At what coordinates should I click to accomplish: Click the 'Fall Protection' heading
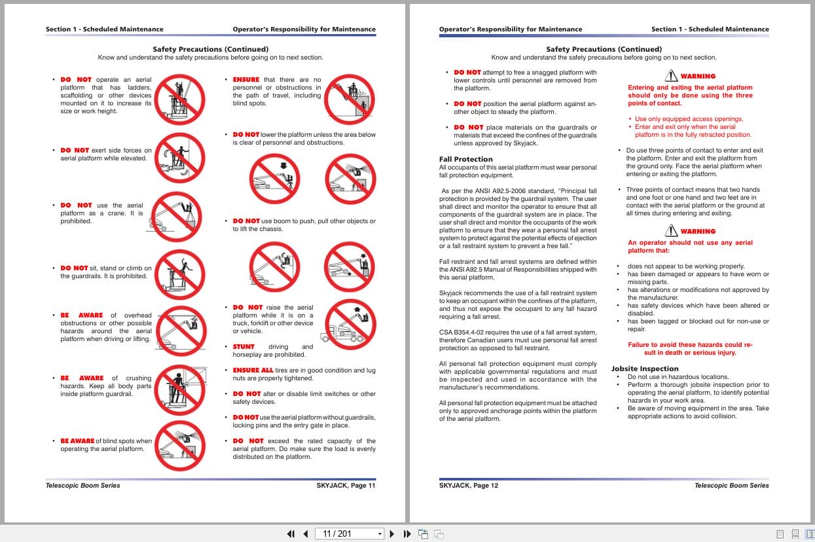(465, 159)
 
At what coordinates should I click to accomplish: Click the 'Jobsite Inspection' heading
(645, 369)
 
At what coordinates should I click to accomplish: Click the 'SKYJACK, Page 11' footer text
(346, 486)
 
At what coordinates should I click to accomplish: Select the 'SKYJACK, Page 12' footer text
(469, 486)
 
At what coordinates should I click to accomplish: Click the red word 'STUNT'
(244, 347)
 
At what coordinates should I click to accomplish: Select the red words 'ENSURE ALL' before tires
(253, 370)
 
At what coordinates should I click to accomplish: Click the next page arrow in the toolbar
(392, 533)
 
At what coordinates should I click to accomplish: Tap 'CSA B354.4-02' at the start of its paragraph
(461, 333)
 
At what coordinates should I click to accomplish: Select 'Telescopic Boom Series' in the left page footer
(83, 486)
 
